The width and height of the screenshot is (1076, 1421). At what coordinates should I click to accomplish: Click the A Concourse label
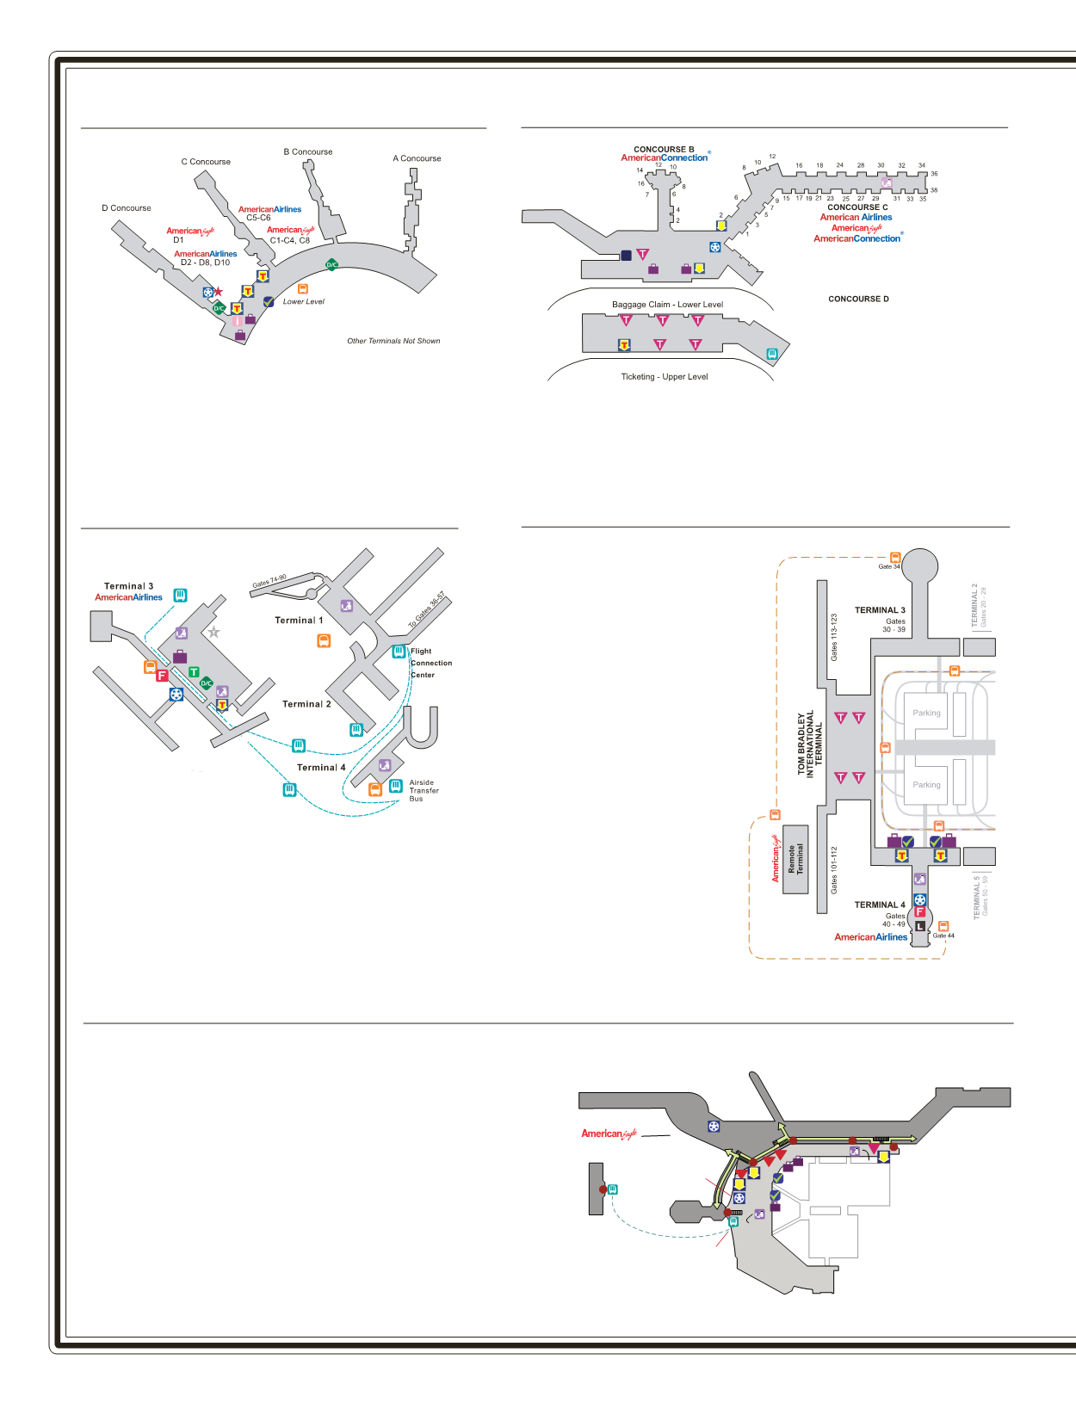tap(417, 158)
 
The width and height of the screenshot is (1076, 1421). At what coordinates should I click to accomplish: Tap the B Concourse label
tap(308, 151)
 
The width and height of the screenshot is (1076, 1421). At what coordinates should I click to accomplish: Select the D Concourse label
tap(126, 208)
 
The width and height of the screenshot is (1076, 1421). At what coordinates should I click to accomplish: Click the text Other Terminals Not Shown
tap(393, 341)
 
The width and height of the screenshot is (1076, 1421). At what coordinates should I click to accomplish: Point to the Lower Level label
tap(304, 301)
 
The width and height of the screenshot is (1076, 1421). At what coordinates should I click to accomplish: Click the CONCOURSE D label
tap(858, 300)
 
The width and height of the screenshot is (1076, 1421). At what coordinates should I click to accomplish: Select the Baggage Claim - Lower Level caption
tap(667, 305)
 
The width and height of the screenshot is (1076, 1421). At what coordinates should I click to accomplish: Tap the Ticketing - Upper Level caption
tap(665, 377)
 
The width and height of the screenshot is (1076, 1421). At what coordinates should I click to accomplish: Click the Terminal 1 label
tap(299, 621)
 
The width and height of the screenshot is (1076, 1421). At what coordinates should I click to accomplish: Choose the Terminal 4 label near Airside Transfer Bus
tap(321, 768)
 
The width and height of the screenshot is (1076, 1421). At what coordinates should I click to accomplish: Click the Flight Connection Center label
tap(430, 663)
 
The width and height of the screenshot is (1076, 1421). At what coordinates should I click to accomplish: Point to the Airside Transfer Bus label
tap(424, 791)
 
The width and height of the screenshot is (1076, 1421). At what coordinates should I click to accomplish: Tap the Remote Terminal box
tap(795, 859)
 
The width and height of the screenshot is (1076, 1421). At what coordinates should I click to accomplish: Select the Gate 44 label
tap(943, 936)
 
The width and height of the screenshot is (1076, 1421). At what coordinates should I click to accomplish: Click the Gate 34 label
tap(888, 566)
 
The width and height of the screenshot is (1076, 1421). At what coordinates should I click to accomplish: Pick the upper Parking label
tap(926, 713)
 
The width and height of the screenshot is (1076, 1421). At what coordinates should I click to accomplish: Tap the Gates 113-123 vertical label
tap(833, 638)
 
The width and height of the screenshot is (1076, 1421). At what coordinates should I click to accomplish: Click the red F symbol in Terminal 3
tap(162, 676)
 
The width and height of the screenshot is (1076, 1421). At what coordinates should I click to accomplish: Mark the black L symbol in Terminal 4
tap(919, 926)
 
